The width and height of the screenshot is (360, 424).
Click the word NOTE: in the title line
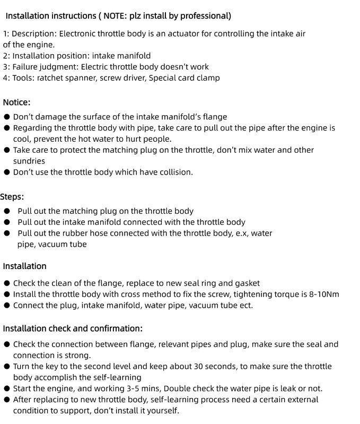113,16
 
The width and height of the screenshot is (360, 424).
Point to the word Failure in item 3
27,67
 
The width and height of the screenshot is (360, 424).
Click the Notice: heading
16,102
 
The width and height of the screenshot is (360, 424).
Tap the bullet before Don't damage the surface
7,117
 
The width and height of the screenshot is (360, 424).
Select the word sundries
29,161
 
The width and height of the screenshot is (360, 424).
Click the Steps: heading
12,197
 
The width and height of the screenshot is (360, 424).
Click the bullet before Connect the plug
7,306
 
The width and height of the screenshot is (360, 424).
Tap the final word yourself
162,411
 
